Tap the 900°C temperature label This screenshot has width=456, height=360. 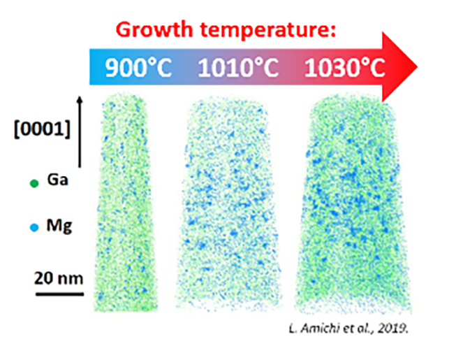click(x=140, y=68)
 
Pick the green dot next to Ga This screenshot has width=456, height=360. click(x=34, y=184)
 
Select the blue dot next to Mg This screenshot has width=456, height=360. click(x=34, y=229)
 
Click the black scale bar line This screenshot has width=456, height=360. click(x=59, y=293)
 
